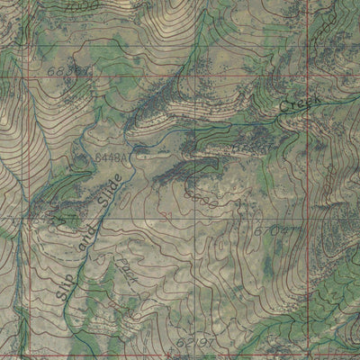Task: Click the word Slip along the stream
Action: pyautogui.click(x=65, y=281)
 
